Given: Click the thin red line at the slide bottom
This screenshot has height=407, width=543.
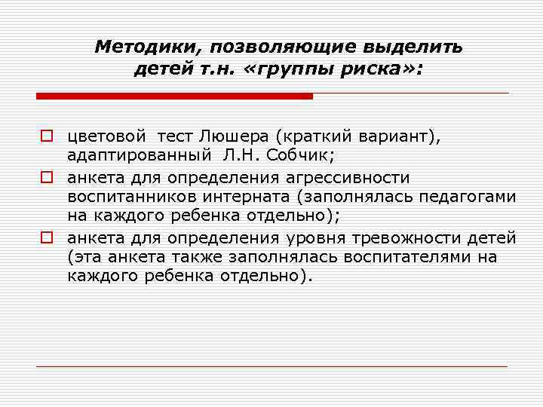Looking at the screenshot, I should [x=271, y=366].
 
